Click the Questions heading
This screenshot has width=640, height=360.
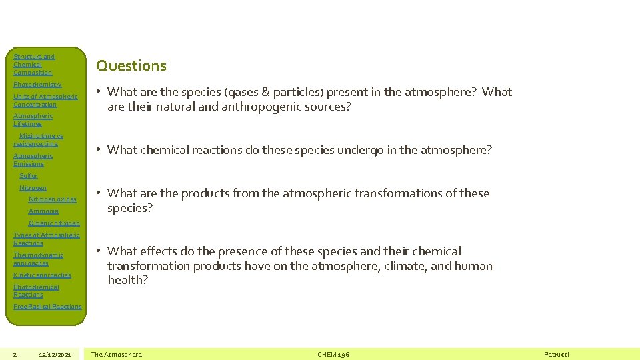(131, 65)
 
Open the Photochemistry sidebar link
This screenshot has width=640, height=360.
(37, 85)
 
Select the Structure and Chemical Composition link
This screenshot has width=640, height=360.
(33, 65)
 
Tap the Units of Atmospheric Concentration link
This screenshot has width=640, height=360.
(45, 100)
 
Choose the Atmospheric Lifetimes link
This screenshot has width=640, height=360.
(33, 120)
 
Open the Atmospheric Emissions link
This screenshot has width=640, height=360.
(33, 159)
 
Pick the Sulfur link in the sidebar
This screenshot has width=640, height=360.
(29, 176)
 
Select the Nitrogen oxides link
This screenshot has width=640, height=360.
(53, 199)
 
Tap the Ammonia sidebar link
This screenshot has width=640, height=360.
(43, 211)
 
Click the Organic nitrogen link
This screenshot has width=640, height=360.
(54, 223)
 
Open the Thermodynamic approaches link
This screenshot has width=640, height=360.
(38, 259)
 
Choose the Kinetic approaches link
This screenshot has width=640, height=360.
(42, 275)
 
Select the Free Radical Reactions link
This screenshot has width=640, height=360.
(47, 307)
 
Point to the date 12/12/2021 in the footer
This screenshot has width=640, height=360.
(55, 354)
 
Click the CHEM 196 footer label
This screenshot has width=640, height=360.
(333, 354)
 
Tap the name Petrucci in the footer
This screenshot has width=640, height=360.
(557, 354)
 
